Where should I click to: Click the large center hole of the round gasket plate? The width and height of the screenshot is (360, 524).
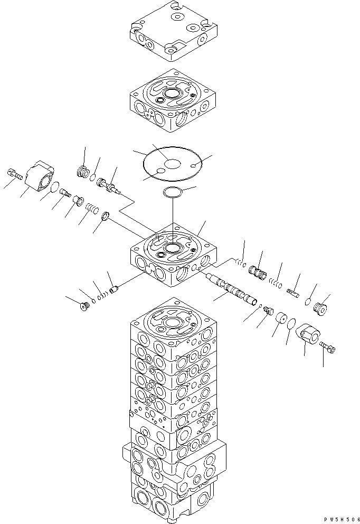pyautogui.click(x=172, y=164)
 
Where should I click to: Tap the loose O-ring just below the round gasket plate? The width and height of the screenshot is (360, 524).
pyautogui.click(x=173, y=193)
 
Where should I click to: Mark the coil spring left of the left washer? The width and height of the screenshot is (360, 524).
pyautogui.click(x=92, y=208)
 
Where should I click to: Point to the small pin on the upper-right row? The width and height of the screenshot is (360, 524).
pyautogui.click(x=294, y=288)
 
